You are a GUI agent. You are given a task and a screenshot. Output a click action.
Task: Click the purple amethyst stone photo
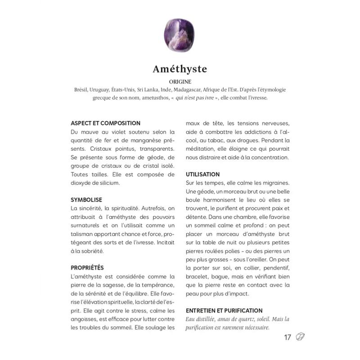click(x=179, y=35)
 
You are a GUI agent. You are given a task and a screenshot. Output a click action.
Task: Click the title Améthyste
click(x=180, y=69)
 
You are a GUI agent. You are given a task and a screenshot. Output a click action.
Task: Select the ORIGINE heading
click(x=180, y=82)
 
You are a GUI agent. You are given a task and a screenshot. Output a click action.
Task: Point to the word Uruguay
click(x=102, y=90)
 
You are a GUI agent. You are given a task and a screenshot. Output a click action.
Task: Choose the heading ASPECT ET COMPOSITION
click(x=106, y=123)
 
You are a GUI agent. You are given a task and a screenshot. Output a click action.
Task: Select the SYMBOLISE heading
click(x=86, y=199)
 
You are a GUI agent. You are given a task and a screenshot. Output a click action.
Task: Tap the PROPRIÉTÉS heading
click(x=87, y=267)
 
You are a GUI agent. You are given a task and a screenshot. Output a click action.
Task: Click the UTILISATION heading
click(x=202, y=174)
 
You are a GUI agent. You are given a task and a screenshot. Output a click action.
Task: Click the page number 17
click(x=288, y=337)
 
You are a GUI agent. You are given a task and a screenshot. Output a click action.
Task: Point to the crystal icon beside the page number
click(x=301, y=337)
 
